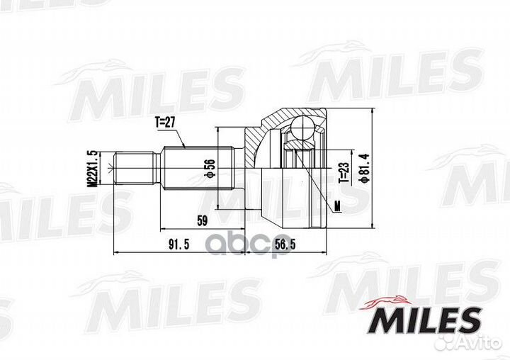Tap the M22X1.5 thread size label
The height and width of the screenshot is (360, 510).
(90, 168)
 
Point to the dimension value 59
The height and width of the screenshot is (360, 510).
(201, 221)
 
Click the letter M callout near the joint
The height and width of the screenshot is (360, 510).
(337, 206)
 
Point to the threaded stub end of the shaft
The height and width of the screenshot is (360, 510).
(135, 169)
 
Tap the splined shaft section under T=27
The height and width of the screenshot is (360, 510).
(198, 169)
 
